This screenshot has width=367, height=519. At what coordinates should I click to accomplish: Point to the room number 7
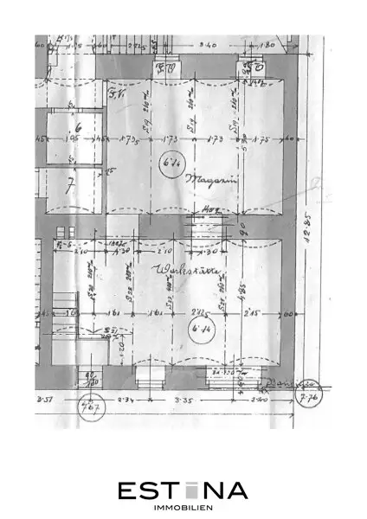(x=70, y=184)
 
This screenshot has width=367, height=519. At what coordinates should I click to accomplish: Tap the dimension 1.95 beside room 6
(x=74, y=139)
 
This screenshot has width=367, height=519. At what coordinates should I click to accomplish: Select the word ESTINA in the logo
(x=183, y=490)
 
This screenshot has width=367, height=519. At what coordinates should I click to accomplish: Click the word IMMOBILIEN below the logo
(x=183, y=508)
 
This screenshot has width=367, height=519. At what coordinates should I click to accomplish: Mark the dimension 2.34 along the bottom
(x=126, y=400)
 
